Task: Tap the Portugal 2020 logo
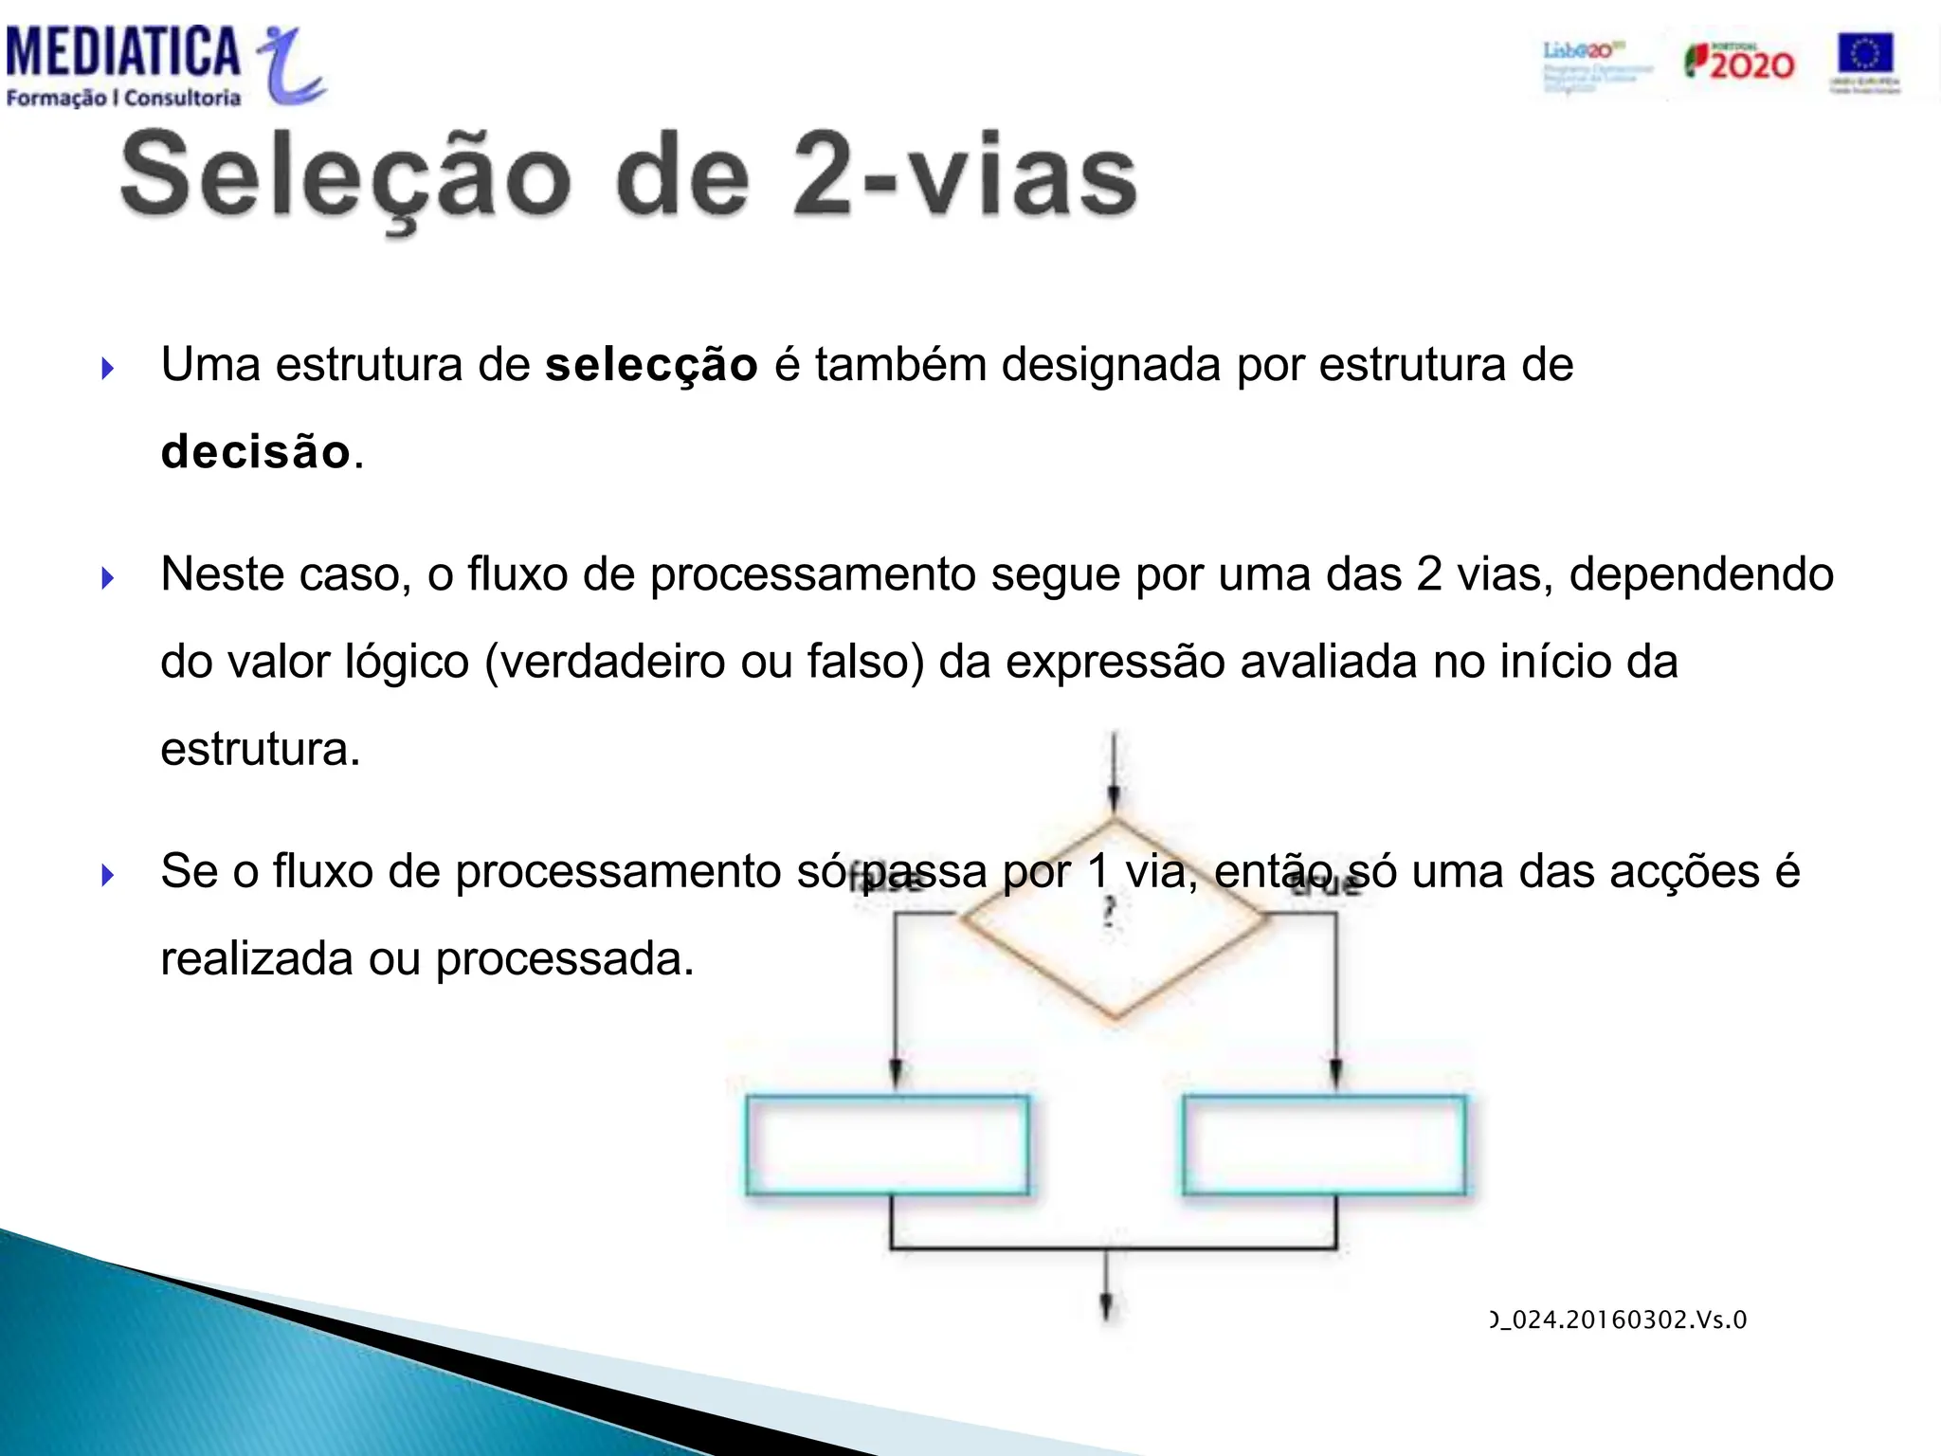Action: tap(1740, 63)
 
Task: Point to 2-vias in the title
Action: tap(965, 175)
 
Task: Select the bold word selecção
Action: tap(651, 366)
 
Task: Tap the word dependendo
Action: tap(1701, 574)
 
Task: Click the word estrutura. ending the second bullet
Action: tap(261, 749)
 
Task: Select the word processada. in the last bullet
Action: tap(565, 959)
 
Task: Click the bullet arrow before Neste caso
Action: tap(107, 577)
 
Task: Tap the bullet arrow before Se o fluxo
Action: tap(107, 874)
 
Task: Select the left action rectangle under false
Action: tap(887, 1145)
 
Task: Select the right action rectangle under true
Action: tap(1325, 1145)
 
